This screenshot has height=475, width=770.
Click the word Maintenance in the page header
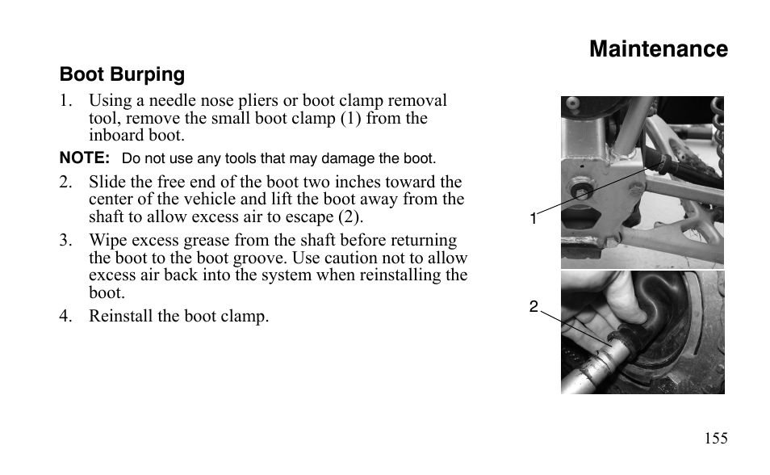click(x=658, y=49)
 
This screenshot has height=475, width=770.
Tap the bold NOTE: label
click(x=84, y=158)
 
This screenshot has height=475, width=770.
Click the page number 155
click(x=715, y=439)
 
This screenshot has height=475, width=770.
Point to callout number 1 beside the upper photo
click(x=534, y=219)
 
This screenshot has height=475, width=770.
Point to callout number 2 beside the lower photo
click(x=534, y=307)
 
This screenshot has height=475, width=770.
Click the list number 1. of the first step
click(x=66, y=101)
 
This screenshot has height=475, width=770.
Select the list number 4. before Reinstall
click(x=66, y=316)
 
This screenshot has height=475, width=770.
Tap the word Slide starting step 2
click(x=107, y=183)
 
